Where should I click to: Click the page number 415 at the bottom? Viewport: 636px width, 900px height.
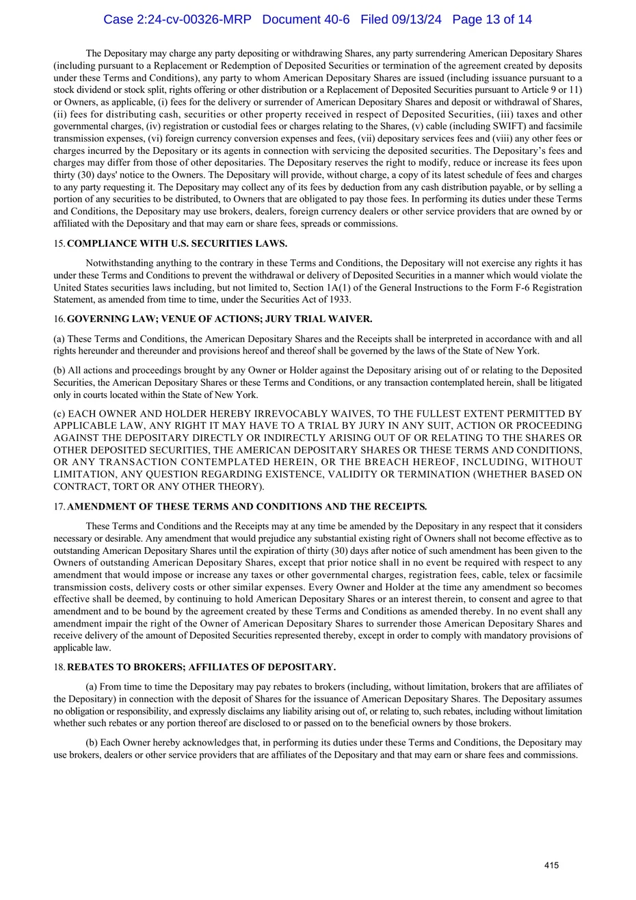click(551, 865)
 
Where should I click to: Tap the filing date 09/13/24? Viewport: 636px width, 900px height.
click(415, 20)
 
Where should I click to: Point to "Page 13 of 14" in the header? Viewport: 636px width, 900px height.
click(492, 20)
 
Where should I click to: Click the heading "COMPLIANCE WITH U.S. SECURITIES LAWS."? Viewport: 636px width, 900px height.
click(177, 243)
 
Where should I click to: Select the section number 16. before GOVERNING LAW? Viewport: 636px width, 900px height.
click(59, 319)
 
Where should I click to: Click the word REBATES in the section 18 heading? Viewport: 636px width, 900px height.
click(92, 667)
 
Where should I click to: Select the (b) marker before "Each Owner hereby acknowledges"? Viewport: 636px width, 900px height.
click(92, 743)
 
